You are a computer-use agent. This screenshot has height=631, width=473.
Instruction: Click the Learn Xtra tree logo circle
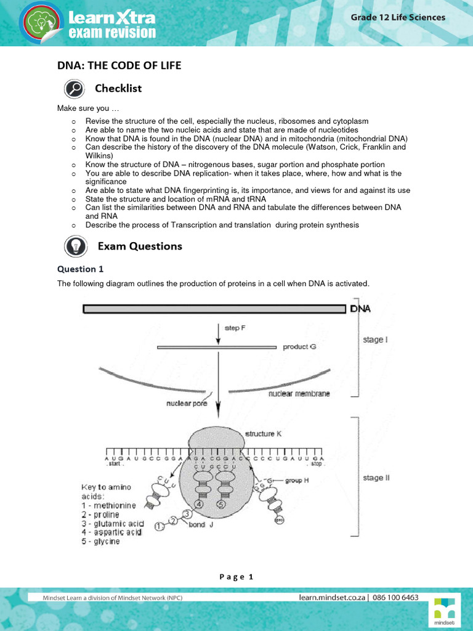coord(42,24)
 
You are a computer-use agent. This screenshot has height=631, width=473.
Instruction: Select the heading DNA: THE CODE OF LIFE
coord(119,65)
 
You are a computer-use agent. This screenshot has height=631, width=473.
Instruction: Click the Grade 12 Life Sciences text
coord(398,17)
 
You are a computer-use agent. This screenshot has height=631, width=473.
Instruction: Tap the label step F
coord(235,328)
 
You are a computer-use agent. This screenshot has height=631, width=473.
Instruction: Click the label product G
coord(299,347)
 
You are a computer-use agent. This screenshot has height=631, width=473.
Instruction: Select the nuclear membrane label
coord(299,393)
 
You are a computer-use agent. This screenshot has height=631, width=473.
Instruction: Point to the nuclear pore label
coord(187,404)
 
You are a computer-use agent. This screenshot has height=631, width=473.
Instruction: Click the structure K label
coord(264,434)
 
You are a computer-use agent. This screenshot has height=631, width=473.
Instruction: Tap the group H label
coord(297,481)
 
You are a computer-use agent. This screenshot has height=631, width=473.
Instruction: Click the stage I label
coord(376,340)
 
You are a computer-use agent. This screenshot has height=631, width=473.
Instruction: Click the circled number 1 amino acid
coord(160,526)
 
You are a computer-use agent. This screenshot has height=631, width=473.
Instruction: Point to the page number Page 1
coord(236,577)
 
